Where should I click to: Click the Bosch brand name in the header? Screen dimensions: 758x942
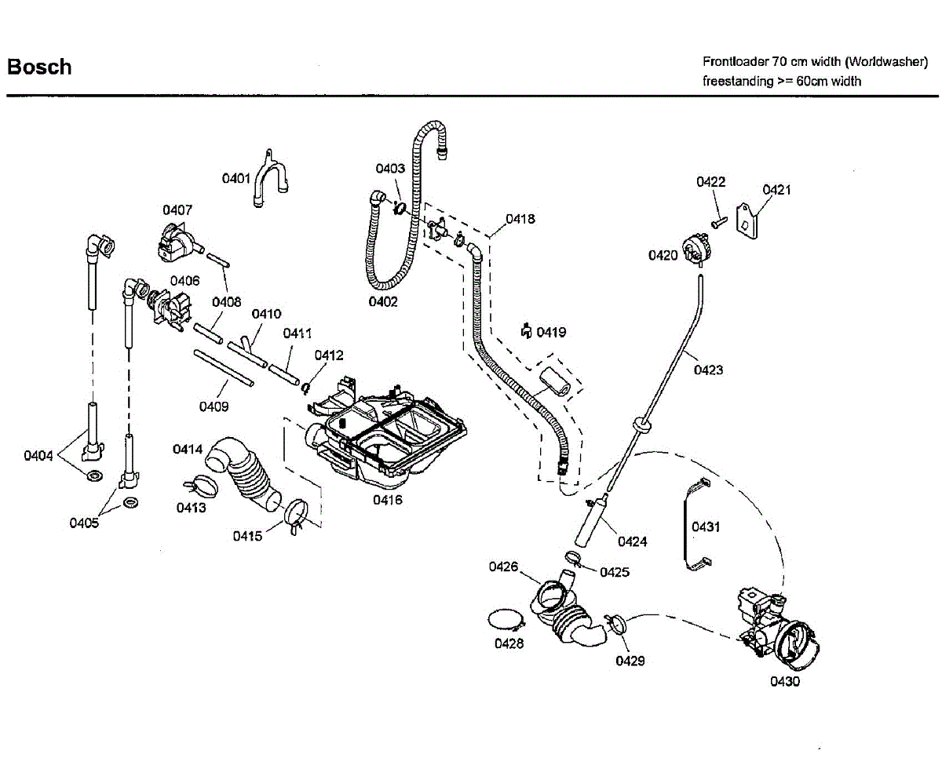click(39, 67)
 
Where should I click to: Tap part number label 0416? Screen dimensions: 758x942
click(388, 500)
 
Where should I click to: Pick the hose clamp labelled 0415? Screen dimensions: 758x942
click(298, 515)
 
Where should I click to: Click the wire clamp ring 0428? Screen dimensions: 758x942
click(506, 621)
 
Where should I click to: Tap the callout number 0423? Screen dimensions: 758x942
click(708, 370)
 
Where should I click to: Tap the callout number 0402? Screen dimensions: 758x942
click(383, 301)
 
